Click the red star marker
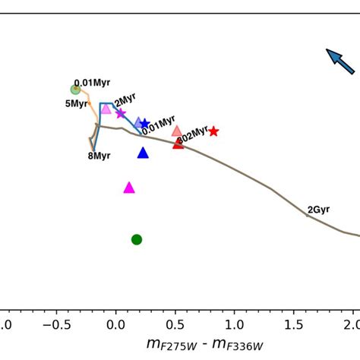(213, 131)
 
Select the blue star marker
(145, 124)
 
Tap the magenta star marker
(120, 113)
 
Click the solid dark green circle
(137, 239)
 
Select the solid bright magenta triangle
(129, 188)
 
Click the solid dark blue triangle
(143, 153)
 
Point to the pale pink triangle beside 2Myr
(106, 109)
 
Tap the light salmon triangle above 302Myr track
(177, 131)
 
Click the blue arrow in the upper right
(340, 62)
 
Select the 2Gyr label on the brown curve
(318, 210)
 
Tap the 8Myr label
(99, 156)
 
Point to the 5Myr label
(76, 104)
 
